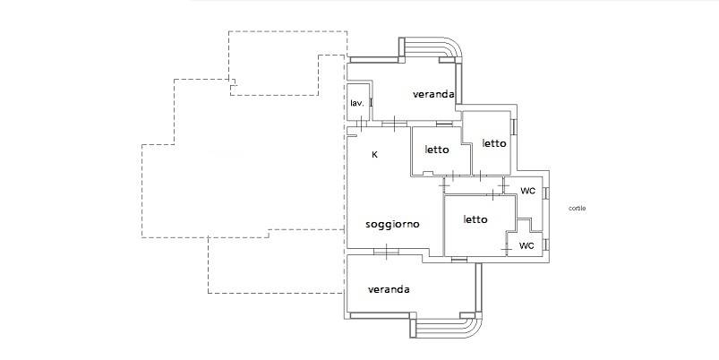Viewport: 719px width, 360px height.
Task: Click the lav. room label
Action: click(357, 104)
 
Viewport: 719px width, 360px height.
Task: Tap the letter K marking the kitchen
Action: click(374, 155)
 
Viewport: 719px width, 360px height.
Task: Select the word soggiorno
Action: click(392, 224)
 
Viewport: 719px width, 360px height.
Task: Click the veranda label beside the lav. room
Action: click(433, 94)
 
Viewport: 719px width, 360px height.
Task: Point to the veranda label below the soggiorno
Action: click(389, 290)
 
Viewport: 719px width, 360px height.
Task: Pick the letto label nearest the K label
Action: click(437, 150)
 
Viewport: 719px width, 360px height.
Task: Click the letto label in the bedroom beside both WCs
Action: click(475, 219)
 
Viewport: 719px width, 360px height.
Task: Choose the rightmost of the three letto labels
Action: click(494, 143)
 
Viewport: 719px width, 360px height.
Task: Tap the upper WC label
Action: click(527, 192)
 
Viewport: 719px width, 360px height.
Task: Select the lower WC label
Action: click(526, 245)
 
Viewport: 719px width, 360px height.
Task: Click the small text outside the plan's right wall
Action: click(577, 208)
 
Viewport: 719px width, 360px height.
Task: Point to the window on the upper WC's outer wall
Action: click(546, 193)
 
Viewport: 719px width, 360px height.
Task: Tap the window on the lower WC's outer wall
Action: click(546, 244)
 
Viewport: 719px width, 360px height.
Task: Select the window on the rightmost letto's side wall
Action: click(515, 127)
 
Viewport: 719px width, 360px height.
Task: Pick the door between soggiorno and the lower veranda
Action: click(387, 252)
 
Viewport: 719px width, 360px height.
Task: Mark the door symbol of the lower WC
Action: click(507, 249)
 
